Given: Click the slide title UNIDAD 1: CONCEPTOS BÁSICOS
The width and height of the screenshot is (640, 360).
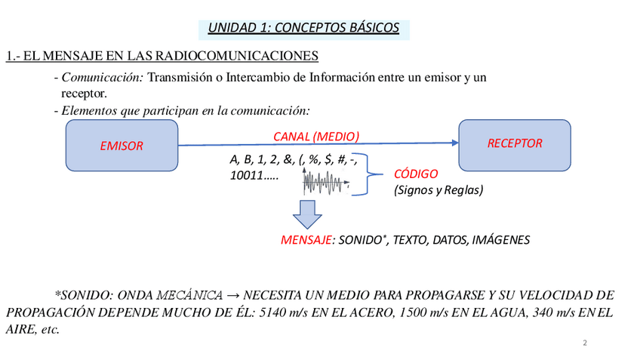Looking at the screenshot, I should [303, 29].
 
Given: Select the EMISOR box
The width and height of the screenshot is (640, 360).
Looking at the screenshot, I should [122, 146].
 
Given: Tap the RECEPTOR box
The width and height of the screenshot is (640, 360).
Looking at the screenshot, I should [515, 143].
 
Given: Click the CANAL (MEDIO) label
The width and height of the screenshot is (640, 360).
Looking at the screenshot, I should [315, 136].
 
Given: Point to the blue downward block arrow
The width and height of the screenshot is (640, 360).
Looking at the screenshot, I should [307, 214].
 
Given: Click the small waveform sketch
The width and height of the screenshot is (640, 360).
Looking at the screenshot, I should [326, 182].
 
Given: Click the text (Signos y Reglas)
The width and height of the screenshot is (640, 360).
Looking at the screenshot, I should [438, 189].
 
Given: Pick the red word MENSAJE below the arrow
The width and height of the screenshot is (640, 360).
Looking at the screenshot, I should [306, 240].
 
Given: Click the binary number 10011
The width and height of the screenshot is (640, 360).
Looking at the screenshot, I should [245, 176].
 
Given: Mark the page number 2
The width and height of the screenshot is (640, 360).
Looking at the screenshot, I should [584, 343].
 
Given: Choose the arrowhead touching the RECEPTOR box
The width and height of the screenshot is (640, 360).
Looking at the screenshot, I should [455, 143].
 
